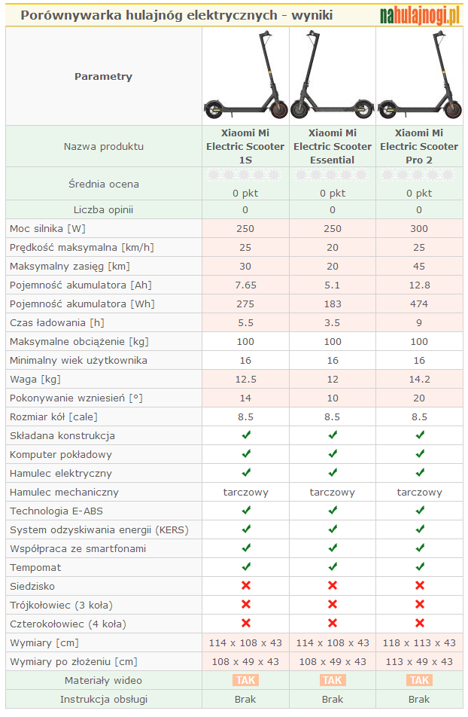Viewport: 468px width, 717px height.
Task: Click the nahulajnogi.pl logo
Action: pos(419,15)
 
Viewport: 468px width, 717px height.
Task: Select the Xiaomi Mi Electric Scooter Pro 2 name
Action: pos(419,146)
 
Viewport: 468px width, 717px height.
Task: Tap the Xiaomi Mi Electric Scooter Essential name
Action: pos(333,146)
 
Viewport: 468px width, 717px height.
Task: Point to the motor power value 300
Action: pos(419,228)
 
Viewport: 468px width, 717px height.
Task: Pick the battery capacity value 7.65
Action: pos(245,285)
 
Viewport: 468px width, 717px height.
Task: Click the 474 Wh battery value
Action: pos(419,304)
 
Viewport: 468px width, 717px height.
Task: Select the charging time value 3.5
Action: pos(333,322)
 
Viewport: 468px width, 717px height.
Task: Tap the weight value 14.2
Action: pos(419,379)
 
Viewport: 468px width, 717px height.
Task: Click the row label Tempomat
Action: pos(35,567)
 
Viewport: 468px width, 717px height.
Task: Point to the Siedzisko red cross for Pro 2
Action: pos(420,586)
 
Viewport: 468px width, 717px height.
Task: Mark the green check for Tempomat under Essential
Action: pos(333,567)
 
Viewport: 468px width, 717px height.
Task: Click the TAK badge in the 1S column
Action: pos(245,680)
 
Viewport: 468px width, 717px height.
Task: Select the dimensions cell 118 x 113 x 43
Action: pos(419,642)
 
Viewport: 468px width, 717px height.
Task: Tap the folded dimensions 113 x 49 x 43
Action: pos(419,661)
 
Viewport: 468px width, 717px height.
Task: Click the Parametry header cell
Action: pos(103,76)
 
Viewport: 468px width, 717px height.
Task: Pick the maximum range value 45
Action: pos(419,266)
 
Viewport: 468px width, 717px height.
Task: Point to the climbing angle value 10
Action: pos(333,398)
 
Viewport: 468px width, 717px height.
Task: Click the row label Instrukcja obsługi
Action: pos(103,699)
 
